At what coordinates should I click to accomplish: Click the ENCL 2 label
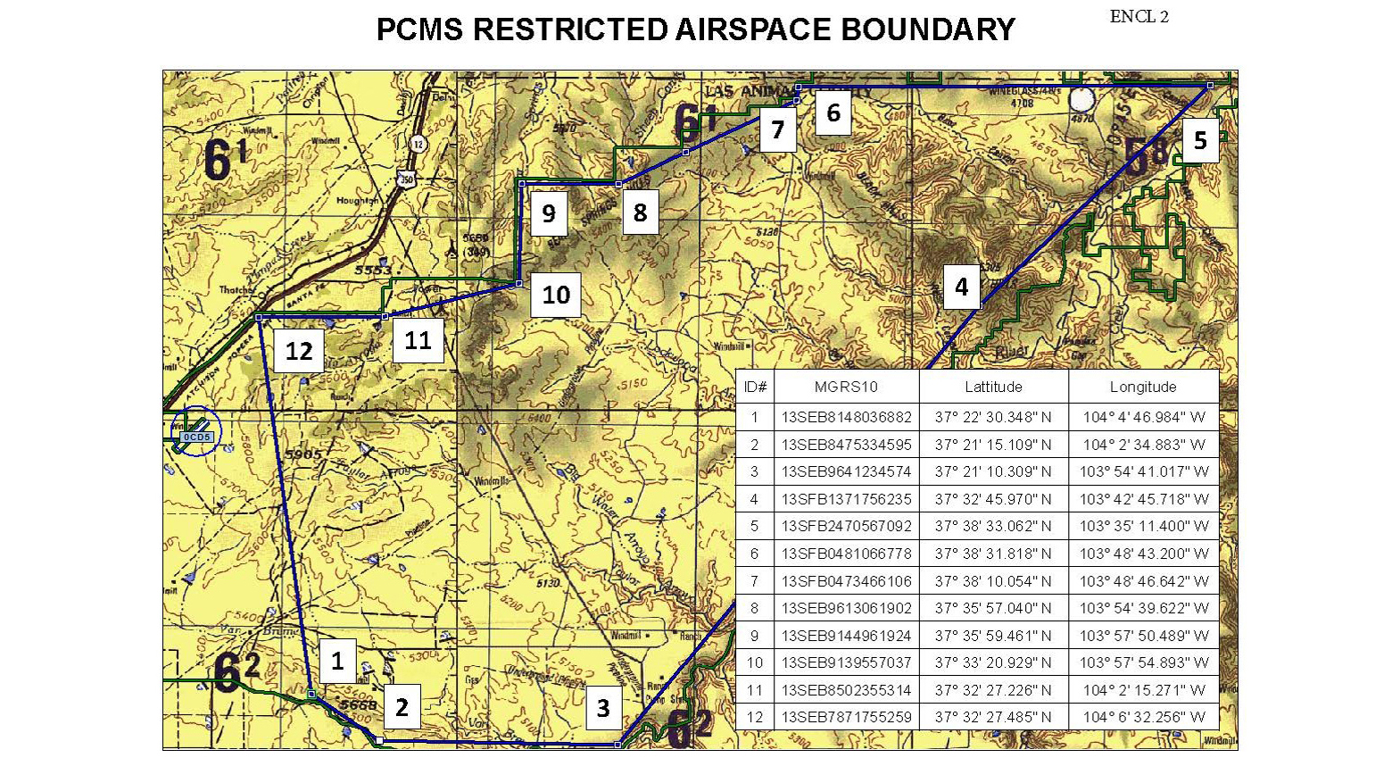[1139, 17]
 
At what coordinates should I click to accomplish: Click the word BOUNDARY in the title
[928, 29]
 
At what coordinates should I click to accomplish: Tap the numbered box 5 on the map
[1200, 140]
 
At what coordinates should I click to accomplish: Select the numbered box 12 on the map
[299, 351]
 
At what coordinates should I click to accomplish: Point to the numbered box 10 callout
[556, 295]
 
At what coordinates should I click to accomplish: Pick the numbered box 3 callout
[603, 708]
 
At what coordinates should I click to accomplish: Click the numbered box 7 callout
[778, 130]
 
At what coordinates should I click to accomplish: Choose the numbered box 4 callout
[961, 287]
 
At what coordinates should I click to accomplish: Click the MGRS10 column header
[846, 387]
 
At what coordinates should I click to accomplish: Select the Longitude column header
[1143, 387]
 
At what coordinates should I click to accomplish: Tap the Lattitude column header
[993, 387]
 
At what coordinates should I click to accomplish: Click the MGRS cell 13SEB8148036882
[846, 417]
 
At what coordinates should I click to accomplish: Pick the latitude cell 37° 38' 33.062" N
[993, 526]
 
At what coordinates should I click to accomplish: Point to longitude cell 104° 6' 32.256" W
[1143, 717]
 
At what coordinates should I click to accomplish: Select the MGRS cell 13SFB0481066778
[846, 554]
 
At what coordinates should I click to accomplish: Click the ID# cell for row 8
[754, 608]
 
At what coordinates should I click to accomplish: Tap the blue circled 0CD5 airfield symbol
[196, 432]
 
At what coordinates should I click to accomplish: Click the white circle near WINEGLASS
[1081, 101]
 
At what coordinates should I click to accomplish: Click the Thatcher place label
[237, 290]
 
